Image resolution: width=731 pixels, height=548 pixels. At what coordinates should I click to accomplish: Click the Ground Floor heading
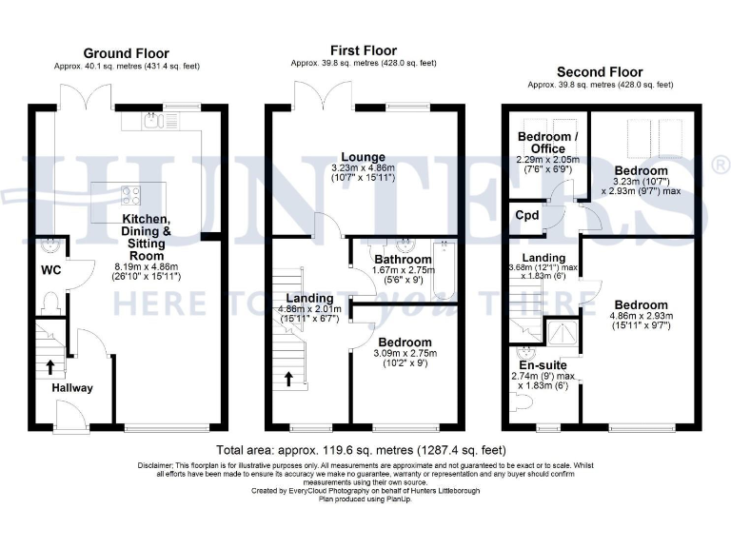[x=127, y=52]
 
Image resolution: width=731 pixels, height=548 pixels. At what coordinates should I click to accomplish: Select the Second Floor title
[x=599, y=71]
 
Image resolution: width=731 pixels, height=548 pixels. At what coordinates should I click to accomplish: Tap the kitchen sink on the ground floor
[x=151, y=120]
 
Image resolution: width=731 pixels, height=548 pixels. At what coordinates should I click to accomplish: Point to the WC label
[x=50, y=270]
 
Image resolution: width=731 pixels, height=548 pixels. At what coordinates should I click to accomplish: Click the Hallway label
[x=72, y=388]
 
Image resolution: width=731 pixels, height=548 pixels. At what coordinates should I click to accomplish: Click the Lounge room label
[x=365, y=157]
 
